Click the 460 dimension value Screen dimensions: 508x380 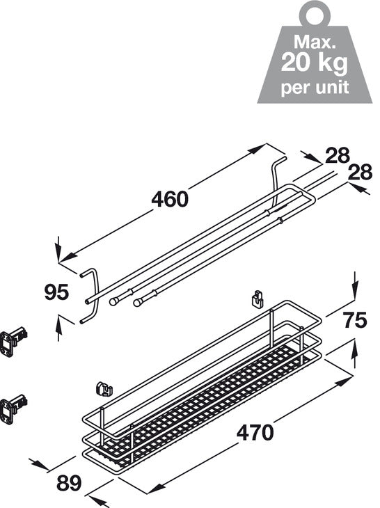click(x=169, y=199)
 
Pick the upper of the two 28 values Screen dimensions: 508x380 click(x=337, y=157)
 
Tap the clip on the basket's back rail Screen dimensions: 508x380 click(x=257, y=299)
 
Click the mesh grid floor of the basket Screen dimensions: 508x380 click(x=209, y=411)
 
